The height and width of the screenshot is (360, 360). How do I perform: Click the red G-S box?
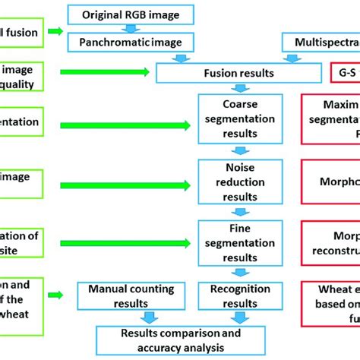pyautogui.click(x=345, y=73)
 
